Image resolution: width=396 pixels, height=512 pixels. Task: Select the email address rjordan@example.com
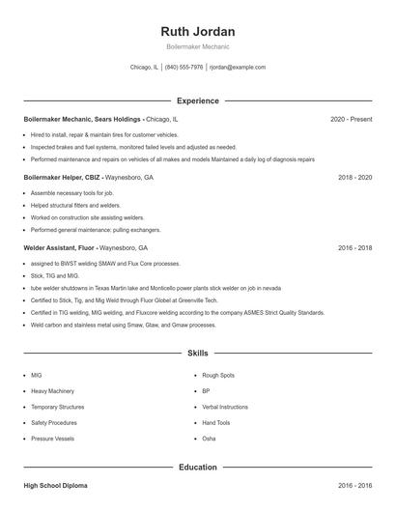click(237, 68)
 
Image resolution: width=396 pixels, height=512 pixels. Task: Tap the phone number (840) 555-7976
click(184, 68)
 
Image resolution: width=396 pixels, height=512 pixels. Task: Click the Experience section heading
click(197, 100)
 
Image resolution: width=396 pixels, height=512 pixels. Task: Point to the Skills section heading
click(197, 355)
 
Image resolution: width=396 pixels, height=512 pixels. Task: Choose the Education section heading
click(197, 468)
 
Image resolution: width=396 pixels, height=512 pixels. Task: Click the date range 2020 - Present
click(351, 119)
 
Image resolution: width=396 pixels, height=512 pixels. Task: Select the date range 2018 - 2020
click(354, 178)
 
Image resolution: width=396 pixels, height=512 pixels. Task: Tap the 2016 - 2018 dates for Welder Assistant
click(354, 247)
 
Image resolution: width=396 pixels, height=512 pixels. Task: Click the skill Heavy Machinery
click(52, 391)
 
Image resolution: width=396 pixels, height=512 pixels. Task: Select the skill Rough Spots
click(218, 375)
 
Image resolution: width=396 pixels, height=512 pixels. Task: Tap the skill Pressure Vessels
click(52, 439)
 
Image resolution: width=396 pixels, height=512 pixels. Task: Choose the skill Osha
click(209, 439)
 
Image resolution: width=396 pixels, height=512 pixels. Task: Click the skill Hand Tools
click(216, 423)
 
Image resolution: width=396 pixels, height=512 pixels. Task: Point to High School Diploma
click(55, 486)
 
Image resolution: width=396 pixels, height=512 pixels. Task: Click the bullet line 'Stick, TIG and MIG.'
click(56, 275)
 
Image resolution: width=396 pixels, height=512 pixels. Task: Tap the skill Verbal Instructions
click(225, 407)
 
